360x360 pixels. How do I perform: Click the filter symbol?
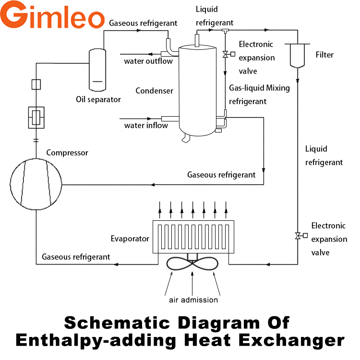tap(298, 56)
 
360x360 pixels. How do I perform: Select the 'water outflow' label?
tap(148, 61)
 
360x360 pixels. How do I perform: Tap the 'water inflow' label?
tap(146, 125)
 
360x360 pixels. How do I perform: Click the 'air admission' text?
tap(193, 300)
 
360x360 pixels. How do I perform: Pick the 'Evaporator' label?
tap(130, 238)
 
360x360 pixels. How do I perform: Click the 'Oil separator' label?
tap(98, 99)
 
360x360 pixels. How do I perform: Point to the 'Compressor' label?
tap(67, 153)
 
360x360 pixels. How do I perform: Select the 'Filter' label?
tap(324, 55)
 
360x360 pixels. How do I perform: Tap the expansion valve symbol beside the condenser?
tap(226, 54)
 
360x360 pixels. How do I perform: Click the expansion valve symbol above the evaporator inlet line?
tap(298, 235)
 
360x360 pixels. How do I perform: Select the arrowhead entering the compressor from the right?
tap(153, 184)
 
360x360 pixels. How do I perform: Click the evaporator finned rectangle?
tap(192, 237)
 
